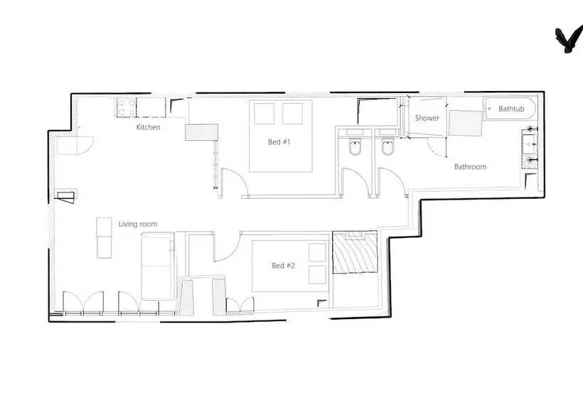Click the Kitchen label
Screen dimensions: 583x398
(148, 127)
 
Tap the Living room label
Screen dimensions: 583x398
(137, 224)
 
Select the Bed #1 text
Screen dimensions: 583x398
(279, 141)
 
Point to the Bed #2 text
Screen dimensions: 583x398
(283, 265)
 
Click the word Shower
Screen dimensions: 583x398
(427, 118)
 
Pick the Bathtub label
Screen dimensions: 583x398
(511, 109)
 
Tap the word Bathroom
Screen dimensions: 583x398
(471, 166)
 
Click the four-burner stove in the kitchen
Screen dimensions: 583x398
(126, 107)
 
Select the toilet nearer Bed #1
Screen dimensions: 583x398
(355, 147)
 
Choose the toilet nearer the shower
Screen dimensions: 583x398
(387, 147)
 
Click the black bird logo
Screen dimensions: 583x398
(569, 39)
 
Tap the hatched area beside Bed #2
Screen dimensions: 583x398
(355, 252)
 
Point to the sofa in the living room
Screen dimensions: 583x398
(158, 266)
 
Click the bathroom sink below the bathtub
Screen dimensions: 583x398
(529, 149)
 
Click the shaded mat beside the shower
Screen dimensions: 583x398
(466, 123)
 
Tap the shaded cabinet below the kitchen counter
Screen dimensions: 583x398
(201, 132)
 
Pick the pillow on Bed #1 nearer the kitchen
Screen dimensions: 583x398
(264, 114)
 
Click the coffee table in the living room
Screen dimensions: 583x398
(104, 238)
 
